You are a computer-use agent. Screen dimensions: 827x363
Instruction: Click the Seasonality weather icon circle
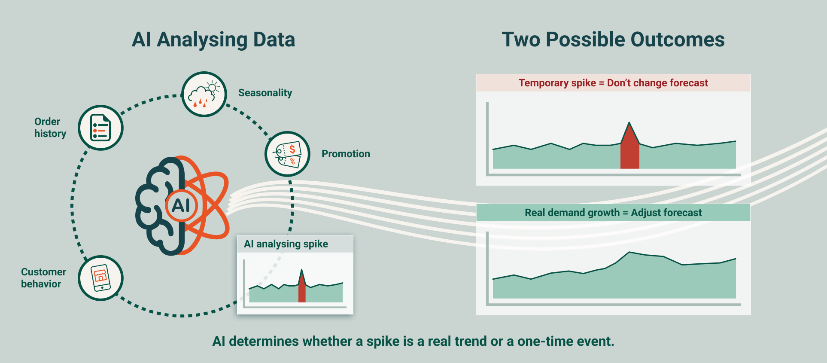coord(204,94)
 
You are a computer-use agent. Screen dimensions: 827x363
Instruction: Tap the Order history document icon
coord(100,128)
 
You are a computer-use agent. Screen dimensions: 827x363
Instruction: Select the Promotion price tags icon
coord(287,154)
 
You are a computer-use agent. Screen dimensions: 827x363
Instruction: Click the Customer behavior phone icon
coord(100,278)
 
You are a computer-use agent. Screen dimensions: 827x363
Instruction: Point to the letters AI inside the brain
coord(181,206)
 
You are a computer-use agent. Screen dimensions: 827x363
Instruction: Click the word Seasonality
coord(265,93)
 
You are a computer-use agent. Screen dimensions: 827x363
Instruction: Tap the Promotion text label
coord(346,154)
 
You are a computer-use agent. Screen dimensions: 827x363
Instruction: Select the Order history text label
coord(50,128)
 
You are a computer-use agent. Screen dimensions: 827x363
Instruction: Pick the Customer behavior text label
coord(43,278)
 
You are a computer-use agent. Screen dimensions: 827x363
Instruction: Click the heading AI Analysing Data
coord(213,40)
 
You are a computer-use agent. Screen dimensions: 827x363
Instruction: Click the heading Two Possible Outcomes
coord(613,40)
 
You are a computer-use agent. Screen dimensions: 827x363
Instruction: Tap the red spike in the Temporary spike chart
coord(629,148)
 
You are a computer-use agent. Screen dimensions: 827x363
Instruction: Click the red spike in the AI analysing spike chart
coord(302,288)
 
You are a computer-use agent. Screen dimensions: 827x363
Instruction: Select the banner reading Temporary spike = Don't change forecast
coord(613,83)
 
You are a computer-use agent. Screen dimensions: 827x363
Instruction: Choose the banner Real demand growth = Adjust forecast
coord(613,213)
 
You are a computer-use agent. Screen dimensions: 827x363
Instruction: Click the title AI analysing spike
coord(286,244)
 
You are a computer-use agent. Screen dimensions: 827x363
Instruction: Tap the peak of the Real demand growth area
coord(629,252)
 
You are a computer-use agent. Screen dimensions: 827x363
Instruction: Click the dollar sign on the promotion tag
coord(292,149)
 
